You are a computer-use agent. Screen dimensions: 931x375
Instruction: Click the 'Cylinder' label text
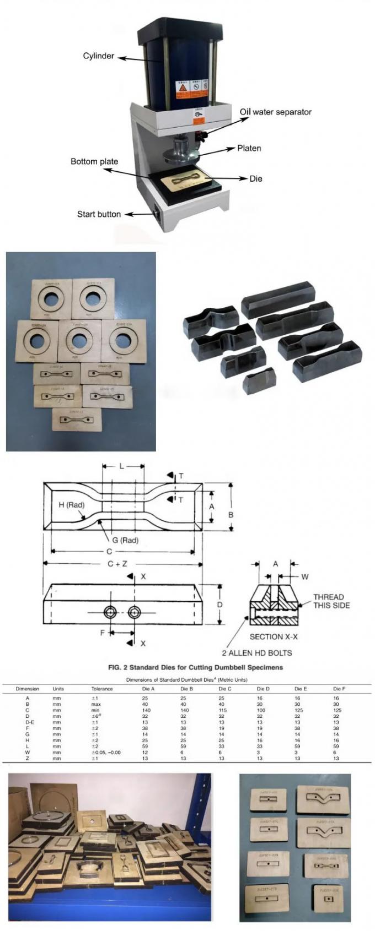coord(98,56)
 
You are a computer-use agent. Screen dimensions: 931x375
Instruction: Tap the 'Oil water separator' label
coord(275,112)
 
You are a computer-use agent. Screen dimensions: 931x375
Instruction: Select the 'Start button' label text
coord(99,214)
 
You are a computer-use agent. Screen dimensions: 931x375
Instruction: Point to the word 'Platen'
coord(249,148)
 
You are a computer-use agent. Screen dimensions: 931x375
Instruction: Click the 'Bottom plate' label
coord(94,162)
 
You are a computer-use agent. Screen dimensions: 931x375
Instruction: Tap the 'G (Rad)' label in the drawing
coord(125,540)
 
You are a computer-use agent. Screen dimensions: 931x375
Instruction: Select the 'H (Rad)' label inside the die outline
coord(71,505)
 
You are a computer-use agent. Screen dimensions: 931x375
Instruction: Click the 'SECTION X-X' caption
coord(274,636)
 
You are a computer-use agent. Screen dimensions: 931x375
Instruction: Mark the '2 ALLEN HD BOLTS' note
coord(257,653)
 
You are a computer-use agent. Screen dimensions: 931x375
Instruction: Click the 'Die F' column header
coord(339,689)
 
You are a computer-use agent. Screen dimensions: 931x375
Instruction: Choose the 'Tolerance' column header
coord(102,689)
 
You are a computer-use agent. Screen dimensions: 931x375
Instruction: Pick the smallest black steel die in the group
coord(259,380)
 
